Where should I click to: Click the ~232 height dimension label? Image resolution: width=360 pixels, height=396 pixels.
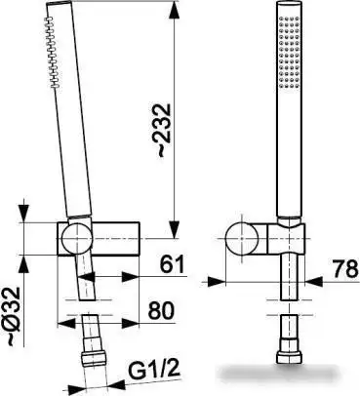pos(163,131)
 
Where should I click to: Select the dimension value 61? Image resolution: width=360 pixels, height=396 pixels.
pos(172,264)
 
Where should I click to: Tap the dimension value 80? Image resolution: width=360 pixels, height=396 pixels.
pos(161,311)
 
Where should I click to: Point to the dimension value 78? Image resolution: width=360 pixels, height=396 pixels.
pos(345,269)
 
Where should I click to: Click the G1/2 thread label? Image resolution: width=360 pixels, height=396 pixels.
pos(154,369)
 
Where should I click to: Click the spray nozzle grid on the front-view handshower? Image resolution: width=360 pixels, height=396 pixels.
pos(289,52)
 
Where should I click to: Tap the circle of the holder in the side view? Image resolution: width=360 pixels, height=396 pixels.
pos(77,238)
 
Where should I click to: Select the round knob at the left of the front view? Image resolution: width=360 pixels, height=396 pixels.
pos(242,238)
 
